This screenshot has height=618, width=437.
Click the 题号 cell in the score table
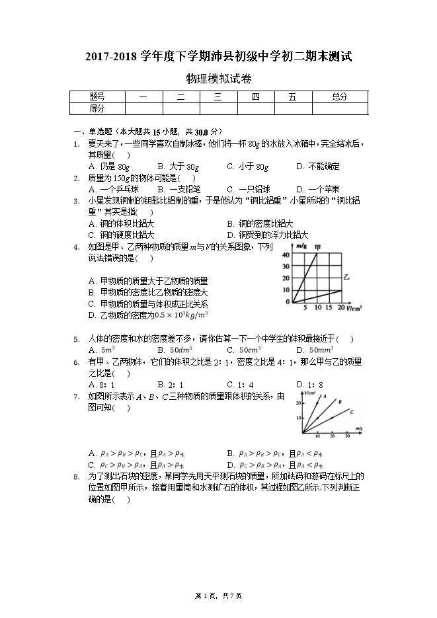[97, 97]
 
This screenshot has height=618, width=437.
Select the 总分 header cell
[339, 97]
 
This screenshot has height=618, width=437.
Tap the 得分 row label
[97, 108]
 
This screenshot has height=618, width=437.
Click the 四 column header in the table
[255, 97]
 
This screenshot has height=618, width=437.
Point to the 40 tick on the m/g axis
[286, 254]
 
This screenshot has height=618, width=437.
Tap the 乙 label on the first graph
[346, 281]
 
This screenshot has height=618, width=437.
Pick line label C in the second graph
[352, 411]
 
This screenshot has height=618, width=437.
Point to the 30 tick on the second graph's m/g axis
[348, 437]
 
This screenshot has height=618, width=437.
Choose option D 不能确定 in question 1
[318, 167]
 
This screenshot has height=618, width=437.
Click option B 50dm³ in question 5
[175, 350]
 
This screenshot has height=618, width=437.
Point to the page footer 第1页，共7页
[218, 596]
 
